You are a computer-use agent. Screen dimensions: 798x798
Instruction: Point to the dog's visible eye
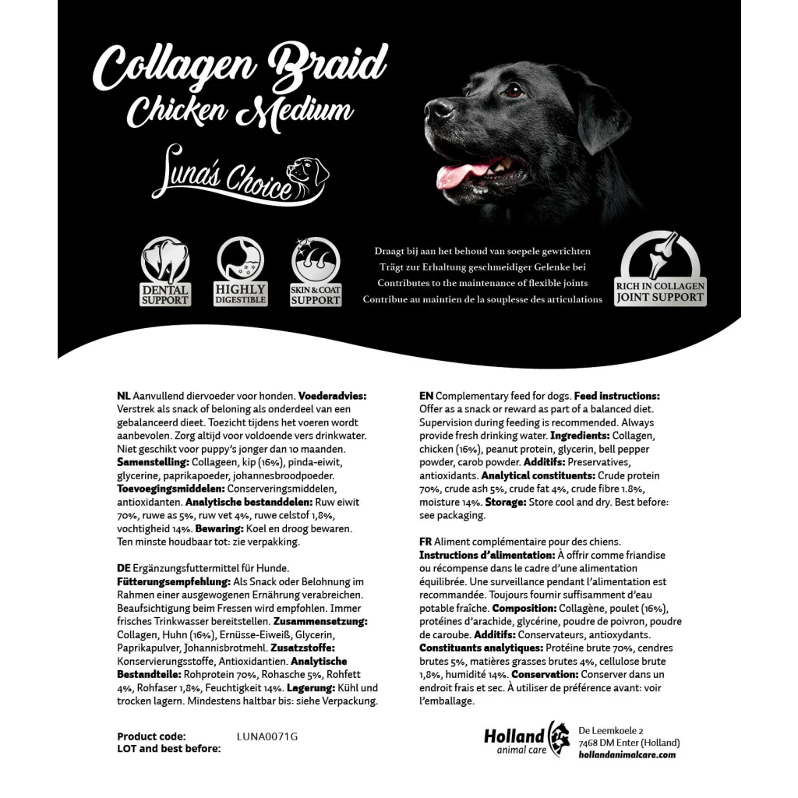pyautogui.click(x=514, y=90)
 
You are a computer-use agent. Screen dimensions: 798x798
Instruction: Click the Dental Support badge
pyautogui.click(x=165, y=272)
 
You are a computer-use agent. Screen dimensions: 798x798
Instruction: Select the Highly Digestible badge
pyautogui.click(x=240, y=272)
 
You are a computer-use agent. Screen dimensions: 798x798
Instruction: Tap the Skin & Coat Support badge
pyautogui.click(x=316, y=272)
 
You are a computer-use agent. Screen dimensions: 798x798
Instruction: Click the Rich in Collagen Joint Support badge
pyautogui.click(x=660, y=269)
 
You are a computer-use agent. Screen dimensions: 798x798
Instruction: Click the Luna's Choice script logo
pyautogui.click(x=242, y=178)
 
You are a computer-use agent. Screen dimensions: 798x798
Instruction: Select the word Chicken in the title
pyautogui.click(x=181, y=112)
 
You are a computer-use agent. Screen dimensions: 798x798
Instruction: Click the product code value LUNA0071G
pyautogui.click(x=267, y=736)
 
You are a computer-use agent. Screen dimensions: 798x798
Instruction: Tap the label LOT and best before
pyautogui.click(x=169, y=749)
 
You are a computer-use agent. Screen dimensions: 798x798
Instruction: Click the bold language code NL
pyautogui.click(x=124, y=397)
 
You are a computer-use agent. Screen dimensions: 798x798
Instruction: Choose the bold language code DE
pyautogui.click(x=124, y=568)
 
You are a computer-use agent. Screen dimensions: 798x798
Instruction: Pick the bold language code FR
pyautogui.click(x=425, y=542)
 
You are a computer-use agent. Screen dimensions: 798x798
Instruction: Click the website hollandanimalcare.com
pyautogui.click(x=627, y=755)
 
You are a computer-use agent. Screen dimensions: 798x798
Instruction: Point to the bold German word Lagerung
pyautogui.click(x=311, y=688)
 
